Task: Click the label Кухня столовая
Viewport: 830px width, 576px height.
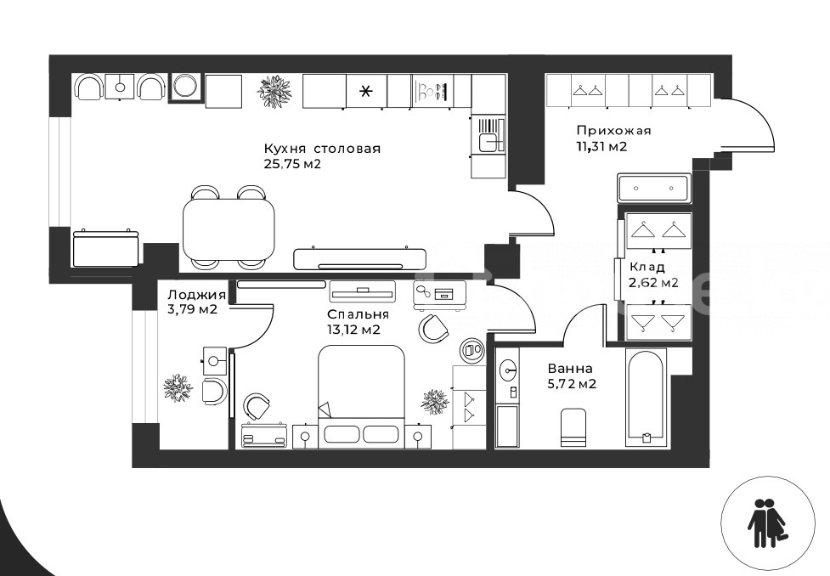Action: (322, 148)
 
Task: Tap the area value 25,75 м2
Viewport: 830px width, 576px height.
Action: (292, 164)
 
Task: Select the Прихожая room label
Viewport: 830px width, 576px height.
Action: (613, 130)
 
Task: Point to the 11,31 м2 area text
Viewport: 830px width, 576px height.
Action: (601, 147)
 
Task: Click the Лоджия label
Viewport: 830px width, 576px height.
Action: (196, 295)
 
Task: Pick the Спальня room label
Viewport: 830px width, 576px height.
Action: (358, 314)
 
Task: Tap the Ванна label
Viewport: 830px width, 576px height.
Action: (570, 368)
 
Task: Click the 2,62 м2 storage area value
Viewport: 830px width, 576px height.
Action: (653, 283)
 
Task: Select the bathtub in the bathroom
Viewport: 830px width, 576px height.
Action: (646, 398)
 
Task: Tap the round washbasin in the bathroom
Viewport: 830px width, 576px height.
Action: (509, 366)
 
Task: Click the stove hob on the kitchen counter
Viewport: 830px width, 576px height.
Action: (433, 91)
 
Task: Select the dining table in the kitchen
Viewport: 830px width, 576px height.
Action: (229, 229)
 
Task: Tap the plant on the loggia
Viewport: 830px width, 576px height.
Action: (175, 387)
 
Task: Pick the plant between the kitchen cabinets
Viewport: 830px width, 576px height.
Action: (274, 90)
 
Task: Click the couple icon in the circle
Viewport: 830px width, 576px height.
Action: (767, 523)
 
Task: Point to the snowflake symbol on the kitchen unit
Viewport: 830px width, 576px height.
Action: (366, 92)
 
